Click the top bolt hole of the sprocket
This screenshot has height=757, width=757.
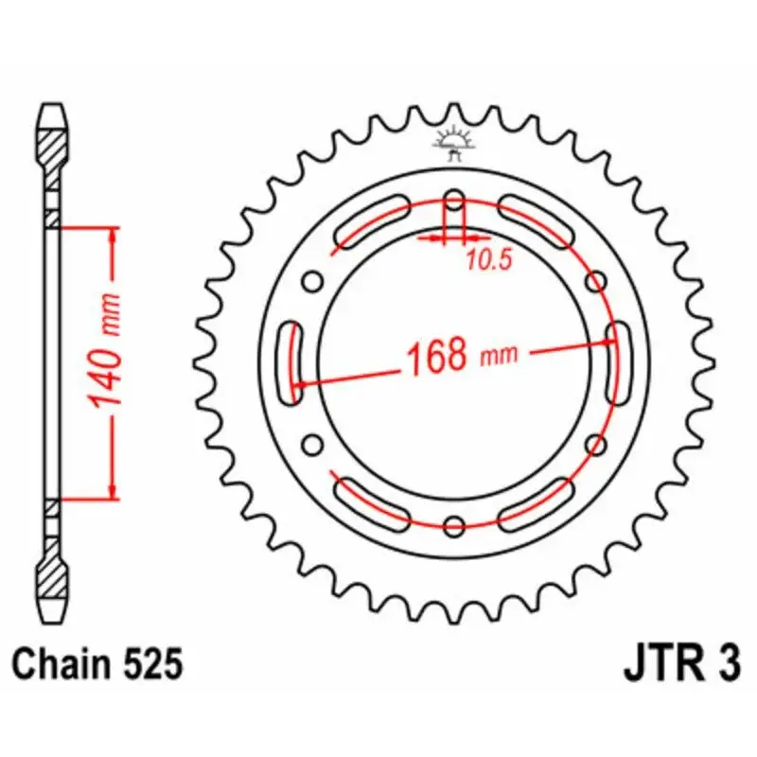[x=454, y=201]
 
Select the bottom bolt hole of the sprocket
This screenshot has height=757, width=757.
[x=454, y=526]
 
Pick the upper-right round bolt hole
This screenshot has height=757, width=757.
[x=596, y=281]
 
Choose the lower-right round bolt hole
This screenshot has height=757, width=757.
[x=596, y=445]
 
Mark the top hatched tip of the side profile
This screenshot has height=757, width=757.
[x=53, y=142]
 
